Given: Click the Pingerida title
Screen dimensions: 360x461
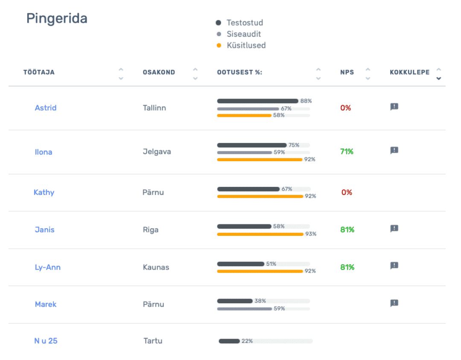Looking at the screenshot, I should point(57,19).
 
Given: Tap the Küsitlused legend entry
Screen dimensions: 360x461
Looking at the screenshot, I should point(246,45).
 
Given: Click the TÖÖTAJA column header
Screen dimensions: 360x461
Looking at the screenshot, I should point(39,72).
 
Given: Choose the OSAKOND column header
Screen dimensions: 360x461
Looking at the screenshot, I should point(159,72).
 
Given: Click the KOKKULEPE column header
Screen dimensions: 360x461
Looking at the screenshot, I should point(409,72).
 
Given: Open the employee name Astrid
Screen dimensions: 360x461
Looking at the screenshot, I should point(46,108).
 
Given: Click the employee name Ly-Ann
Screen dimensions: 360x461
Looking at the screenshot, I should point(47,267).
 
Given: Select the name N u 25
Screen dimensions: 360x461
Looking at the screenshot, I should point(46,341).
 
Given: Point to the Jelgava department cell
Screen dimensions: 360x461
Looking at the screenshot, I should point(157,152).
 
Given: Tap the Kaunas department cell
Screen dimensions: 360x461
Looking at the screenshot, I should point(156,267).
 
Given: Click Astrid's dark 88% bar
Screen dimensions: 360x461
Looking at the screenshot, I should point(257,101).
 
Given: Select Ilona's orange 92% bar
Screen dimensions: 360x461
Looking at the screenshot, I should point(260,160).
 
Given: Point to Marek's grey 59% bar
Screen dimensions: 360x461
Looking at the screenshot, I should point(244,308).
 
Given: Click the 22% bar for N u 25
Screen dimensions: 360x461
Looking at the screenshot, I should point(229,341).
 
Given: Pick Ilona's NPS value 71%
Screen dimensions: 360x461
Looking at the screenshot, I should point(347,152).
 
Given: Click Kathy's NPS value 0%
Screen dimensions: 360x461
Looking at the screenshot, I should point(347,192).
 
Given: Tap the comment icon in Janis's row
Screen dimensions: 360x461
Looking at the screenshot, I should point(394,229).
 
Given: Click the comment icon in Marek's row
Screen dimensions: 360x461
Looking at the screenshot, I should point(394,303).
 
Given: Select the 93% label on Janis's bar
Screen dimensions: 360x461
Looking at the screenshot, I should point(311,234).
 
